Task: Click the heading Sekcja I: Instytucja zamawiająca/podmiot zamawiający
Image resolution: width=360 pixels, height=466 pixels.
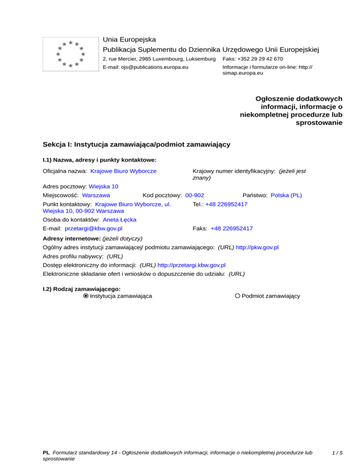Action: pyautogui.click(x=136, y=145)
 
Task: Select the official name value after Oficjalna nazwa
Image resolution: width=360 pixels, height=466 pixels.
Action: pyautogui.click(x=123, y=172)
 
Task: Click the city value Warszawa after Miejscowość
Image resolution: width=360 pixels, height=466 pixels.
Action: pyautogui.click(x=96, y=195)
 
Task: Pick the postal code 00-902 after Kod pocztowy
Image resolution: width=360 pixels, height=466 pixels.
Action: pyautogui.click(x=195, y=195)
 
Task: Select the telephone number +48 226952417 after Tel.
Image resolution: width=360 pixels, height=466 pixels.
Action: pyautogui.click(x=226, y=204)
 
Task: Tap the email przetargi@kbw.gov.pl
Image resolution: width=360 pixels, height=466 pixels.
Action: pyautogui.click(x=93, y=228)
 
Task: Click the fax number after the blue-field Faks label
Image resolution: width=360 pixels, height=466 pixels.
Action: pyautogui.click(x=232, y=228)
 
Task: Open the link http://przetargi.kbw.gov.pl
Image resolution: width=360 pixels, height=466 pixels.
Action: pyautogui.click(x=192, y=264)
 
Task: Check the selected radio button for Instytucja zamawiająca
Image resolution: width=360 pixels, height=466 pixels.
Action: pyautogui.click(x=85, y=296)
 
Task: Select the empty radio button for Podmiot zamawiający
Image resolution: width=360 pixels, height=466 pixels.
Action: pyautogui.click(x=238, y=296)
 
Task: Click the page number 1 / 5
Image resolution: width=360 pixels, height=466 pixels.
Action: pyautogui.click(x=337, y=453)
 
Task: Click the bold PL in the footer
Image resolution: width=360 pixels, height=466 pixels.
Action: pyautogui.click(x=46, y=453)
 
